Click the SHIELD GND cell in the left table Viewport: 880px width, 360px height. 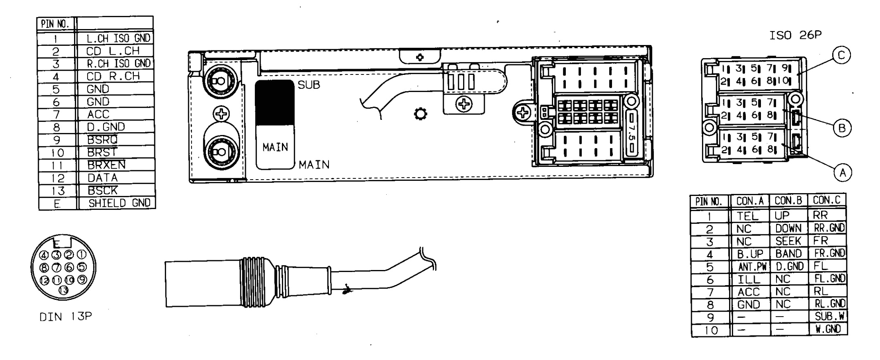click(119, 203)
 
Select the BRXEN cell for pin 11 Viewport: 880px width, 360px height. click(106, 165)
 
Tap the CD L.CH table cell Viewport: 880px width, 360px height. click(113, 51)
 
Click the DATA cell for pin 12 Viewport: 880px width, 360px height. click(103, 178)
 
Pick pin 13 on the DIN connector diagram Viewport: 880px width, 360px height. click(63, 290)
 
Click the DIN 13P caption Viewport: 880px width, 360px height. click(65, 317)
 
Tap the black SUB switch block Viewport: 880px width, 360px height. click(275, 102)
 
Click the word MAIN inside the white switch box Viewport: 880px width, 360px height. click(275, 147)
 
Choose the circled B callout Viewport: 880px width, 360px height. click(842, 128)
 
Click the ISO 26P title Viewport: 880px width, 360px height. click(795, 36)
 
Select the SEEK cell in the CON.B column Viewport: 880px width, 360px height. click(788, 241)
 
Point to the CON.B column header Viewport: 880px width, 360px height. click(788, 201)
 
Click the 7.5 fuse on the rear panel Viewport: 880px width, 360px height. click(632, 133)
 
